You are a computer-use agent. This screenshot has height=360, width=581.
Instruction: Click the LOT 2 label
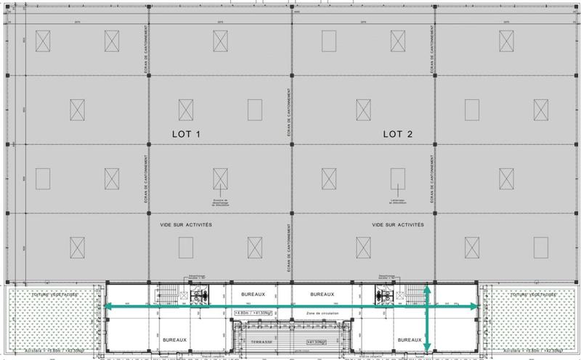398,134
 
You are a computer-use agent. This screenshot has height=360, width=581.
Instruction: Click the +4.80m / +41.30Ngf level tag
256,312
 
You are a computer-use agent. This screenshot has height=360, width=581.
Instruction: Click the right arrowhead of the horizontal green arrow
478,308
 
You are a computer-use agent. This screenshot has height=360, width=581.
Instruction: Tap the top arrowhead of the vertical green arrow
427,287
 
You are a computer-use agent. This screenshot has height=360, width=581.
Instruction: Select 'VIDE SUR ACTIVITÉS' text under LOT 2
398,225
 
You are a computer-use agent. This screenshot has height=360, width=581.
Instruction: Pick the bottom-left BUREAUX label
175,340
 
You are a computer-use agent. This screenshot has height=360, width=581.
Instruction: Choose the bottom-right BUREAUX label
410,340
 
